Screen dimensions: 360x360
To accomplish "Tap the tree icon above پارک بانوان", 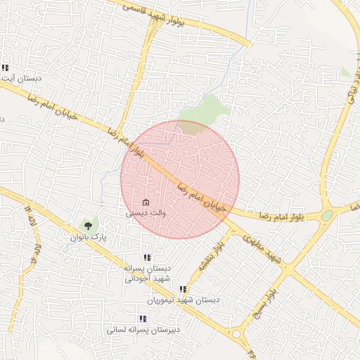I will (x=89, y=226).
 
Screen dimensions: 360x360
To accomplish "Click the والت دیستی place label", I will (x=146, y=212).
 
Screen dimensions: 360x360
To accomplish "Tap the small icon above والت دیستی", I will (x=146, y=202).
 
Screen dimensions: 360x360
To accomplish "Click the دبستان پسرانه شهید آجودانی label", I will (x=148, y=274).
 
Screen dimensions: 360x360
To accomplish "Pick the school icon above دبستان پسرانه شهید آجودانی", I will (x=147, y=258).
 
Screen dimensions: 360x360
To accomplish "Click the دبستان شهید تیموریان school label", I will (x=184, y=300).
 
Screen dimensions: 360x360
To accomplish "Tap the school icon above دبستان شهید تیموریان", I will (x=183, y=289).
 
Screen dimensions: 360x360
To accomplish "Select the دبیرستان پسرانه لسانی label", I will (x=143, y=329).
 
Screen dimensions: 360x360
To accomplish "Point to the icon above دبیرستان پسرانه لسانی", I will (x=143, y=319).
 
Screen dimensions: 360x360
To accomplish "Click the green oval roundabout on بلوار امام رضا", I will (x=327, y=216).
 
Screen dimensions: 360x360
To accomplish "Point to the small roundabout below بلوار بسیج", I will (x=237, y=335).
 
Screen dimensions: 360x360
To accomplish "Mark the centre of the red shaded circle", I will (x=180, y=179).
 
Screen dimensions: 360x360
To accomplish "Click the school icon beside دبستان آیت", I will (x=5, y=68).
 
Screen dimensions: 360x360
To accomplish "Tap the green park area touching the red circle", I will (x=204, y=113).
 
